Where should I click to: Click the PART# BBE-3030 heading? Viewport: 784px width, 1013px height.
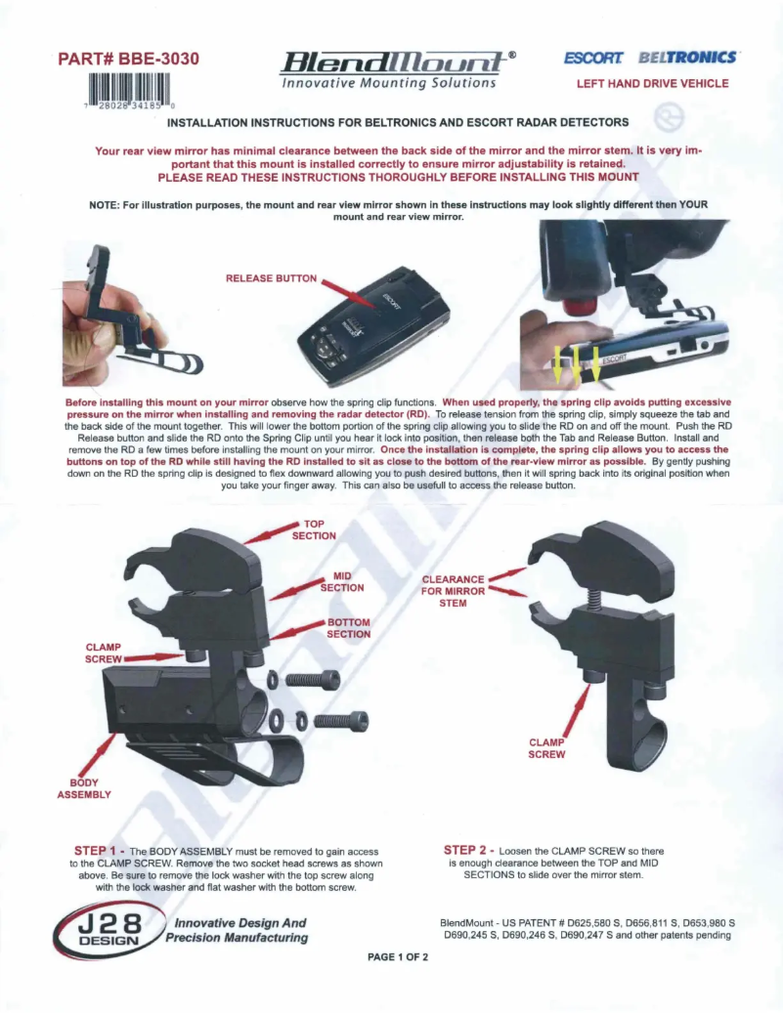pyautogui.click(x=129, y=60)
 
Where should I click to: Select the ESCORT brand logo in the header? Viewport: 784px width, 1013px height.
pyautogui.click(x=593, y=60)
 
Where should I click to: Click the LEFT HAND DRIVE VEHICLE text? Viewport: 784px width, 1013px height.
pyautogui.click(x=652, y=84)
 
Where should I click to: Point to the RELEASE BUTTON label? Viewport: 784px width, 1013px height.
pyautogui.click(x=271, y=278)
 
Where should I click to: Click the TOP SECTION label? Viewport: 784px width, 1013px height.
pyautogui.click(x=314, y=529)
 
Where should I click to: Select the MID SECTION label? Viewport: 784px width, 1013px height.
pyautogui.click(x=342, y=582)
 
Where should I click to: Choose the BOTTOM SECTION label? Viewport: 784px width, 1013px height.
pyautogui.click(x=348, y=628)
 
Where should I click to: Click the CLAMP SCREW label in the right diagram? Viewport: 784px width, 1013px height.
pyautogui.click(x=546, y=748)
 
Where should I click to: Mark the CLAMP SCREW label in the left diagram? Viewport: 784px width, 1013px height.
pyautogui.click(x=103, y=653)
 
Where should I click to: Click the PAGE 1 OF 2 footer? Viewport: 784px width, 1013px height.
pyautogui.click(x=398, y=956)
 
